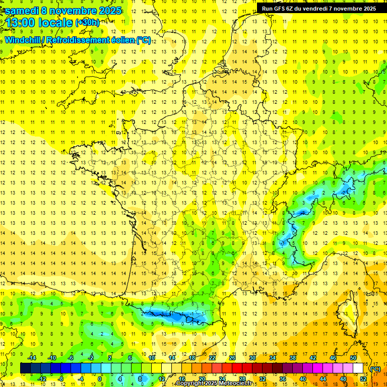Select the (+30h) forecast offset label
click(x=88, y=23)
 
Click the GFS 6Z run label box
click(x=318, y=9)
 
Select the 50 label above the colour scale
click(x=353, y=358)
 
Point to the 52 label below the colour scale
click(x=363, y=378)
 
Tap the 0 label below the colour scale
click(x=101, y=378)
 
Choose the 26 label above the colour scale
click(x=232, y=358)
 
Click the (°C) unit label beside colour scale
click(x=375, y=369)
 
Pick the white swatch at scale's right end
click(x=358, y=368)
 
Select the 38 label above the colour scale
click(x=293, y=358)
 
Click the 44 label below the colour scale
click(x=323, y=378)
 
